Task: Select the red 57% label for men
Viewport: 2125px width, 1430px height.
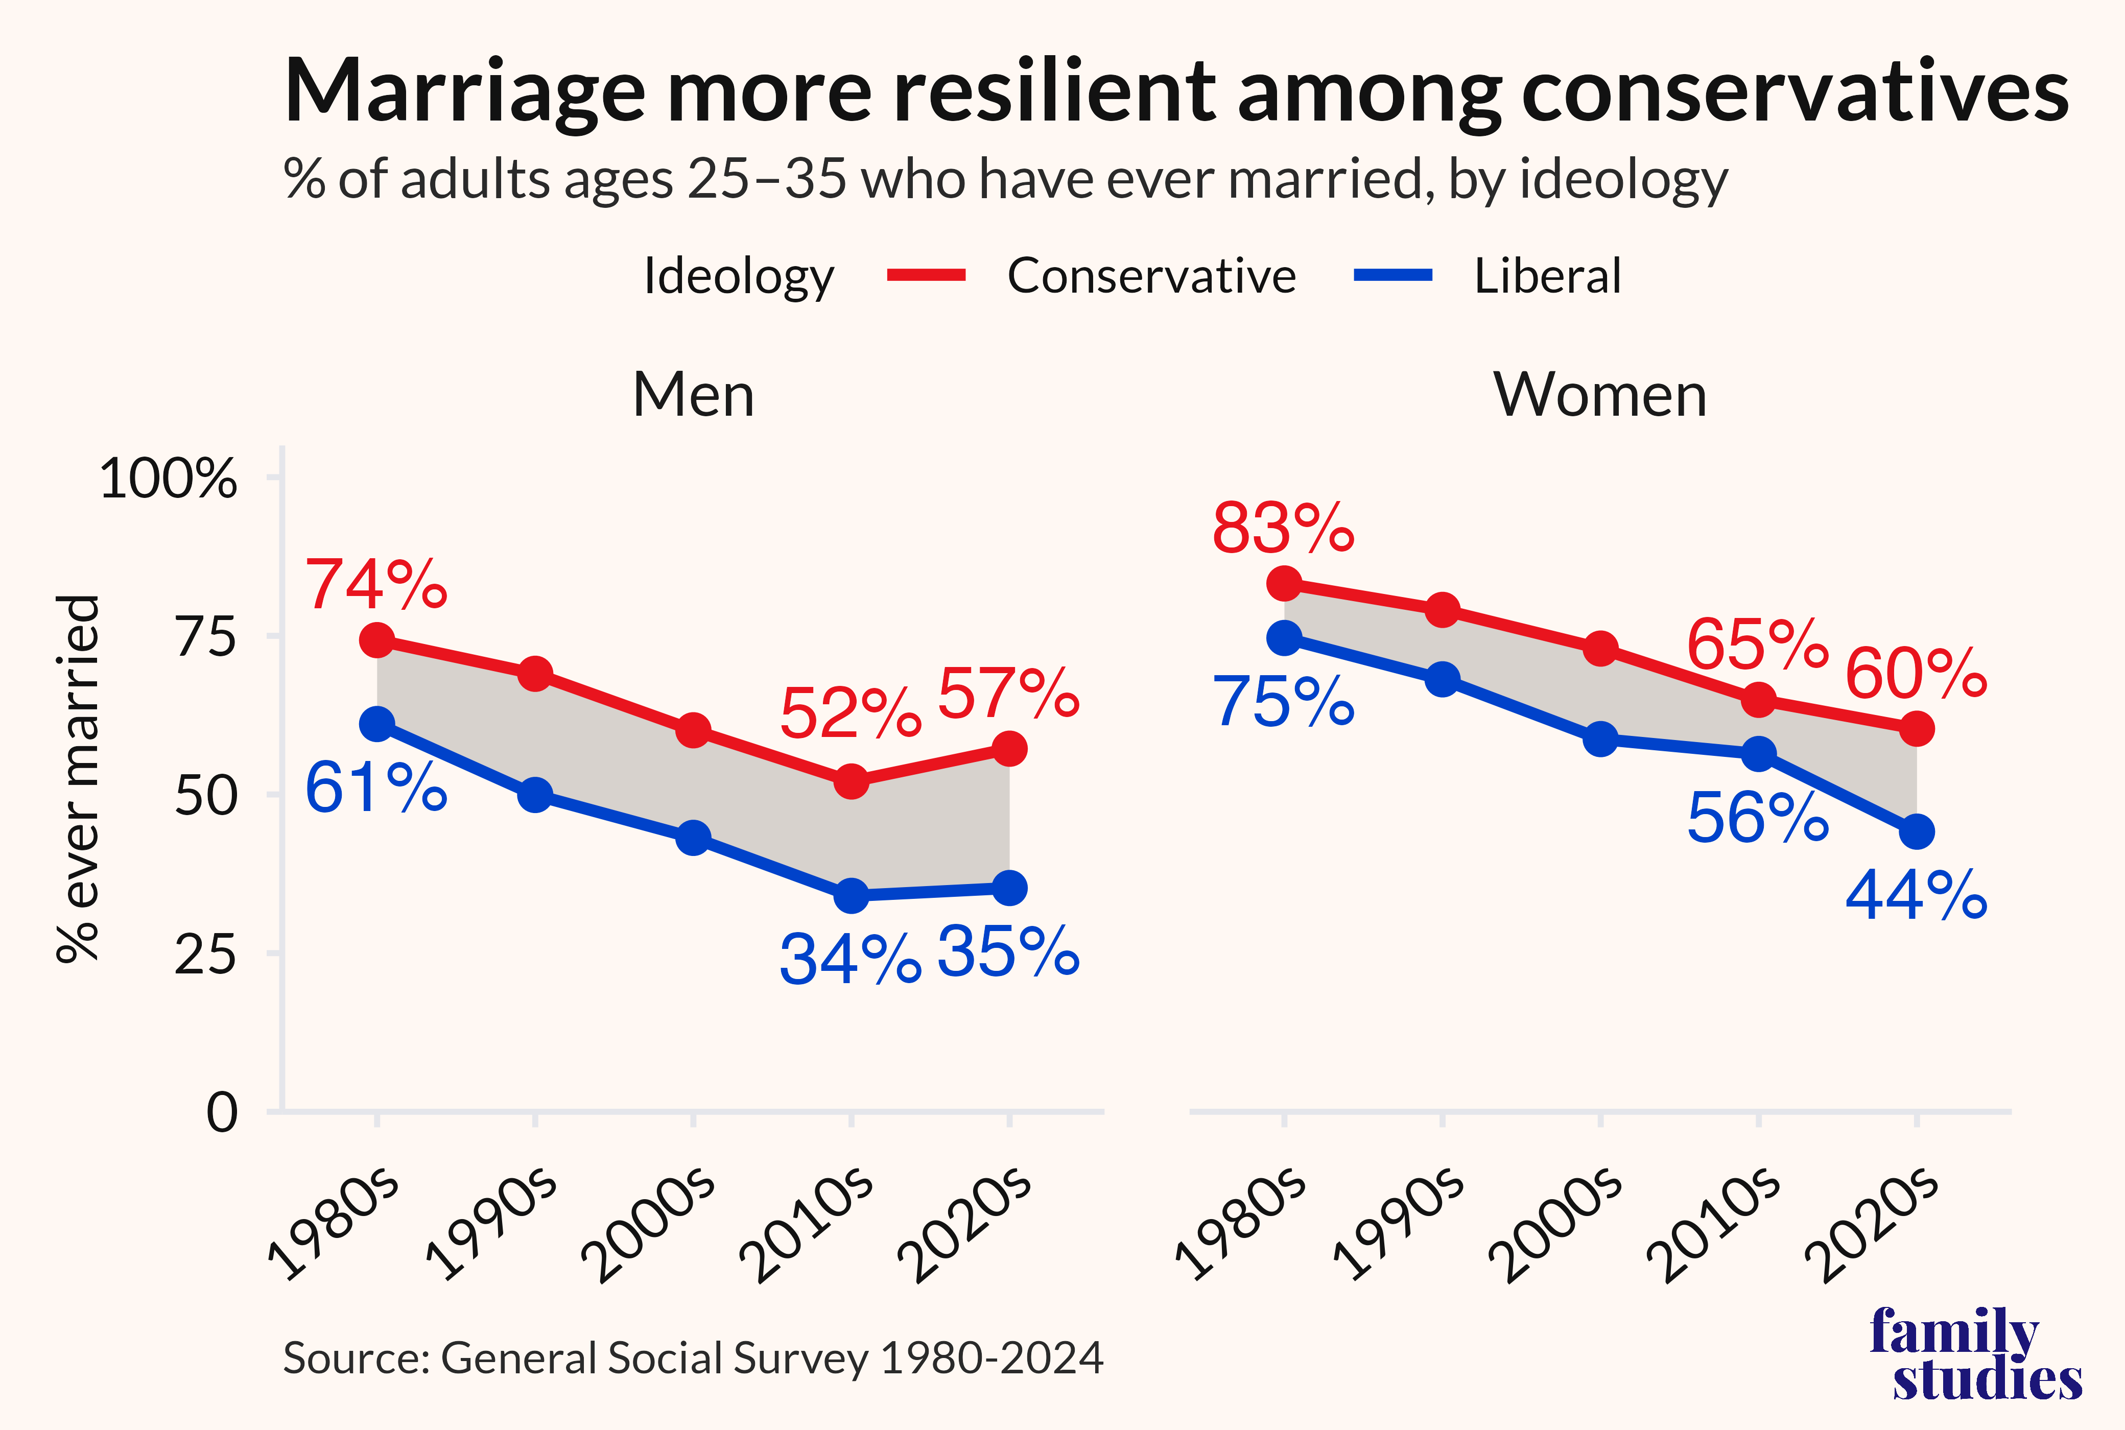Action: pyautogui.click(x=1008, y=694)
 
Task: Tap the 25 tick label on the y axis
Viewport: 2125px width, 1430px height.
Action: pyautogui.click(x=205, y=955)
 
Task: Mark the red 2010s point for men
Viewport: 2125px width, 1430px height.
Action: pyautogui.click(x=851, y=781)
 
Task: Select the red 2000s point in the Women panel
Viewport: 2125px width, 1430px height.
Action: pyautogui.click(x=1600, y=649)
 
